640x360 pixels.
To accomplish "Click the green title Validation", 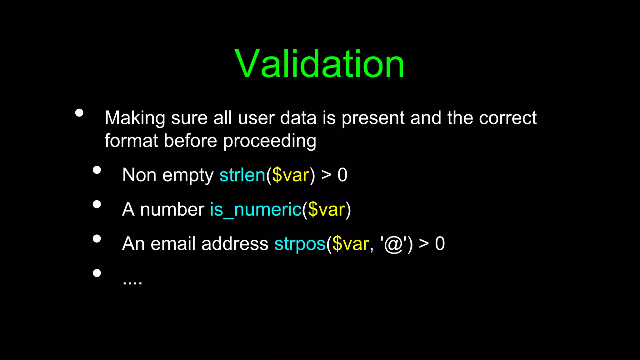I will pyautogui.click(x=319, y=64).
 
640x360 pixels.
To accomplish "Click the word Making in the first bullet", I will pyautogui.click(x=135, y=118).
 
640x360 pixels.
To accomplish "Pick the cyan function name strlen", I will pyautogui.click(x=242, y=175).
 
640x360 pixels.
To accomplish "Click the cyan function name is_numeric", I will pyautogui.click(x=256, y=209).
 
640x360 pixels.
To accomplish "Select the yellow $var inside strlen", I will pyautogui.click(x=291, y=175).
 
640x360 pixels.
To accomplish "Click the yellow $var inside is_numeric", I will pyautogui.click(x=326, y=209).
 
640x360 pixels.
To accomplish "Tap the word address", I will pyautogui.click(x=235, y=244).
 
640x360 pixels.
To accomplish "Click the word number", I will pyautogui.click(x=172, y=209).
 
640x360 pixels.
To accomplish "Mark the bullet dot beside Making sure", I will pyautogui.click(x=79, y=113).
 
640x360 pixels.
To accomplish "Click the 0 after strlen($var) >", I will pyautogui.click(x=342, y=175).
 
